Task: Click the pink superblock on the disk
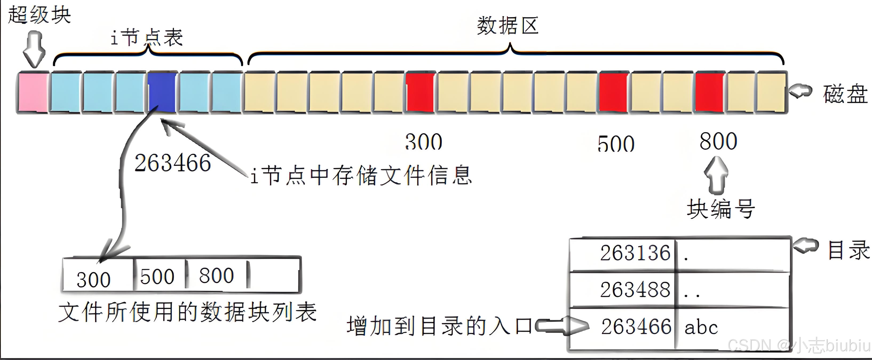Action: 33,92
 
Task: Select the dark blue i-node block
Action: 162,92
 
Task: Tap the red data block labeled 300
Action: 420,92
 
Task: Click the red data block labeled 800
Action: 710,92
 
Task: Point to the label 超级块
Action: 39,15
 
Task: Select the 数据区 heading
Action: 507,25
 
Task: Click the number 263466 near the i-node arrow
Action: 173,163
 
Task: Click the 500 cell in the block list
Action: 157,276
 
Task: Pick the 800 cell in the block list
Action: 216,275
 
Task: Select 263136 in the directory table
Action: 635,253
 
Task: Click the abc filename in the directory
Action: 701,327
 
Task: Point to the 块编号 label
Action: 720,209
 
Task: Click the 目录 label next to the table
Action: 848,250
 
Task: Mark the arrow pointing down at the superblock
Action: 34,49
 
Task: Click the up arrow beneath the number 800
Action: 716,175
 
